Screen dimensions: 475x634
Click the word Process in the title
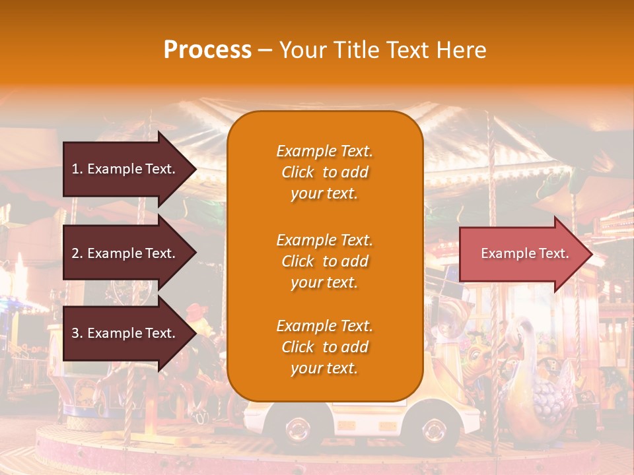207,50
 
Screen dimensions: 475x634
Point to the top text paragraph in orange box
324,172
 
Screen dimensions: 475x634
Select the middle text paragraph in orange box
324,261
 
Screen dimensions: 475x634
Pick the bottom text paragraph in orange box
324,347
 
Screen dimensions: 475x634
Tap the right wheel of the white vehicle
434,429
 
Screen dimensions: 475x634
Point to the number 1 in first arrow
75,169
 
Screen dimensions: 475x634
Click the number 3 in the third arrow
75,333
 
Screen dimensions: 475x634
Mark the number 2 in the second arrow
75,253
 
